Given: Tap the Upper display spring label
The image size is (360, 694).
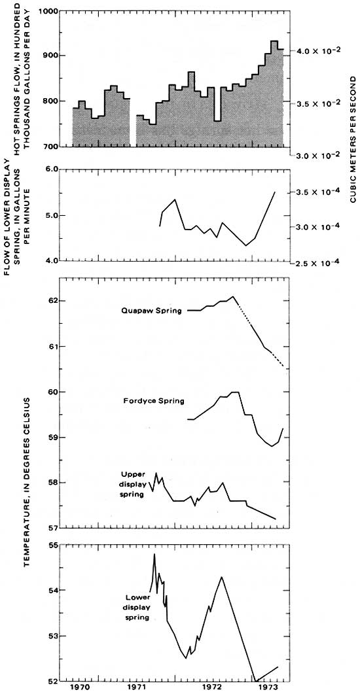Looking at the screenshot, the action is coord(133,484).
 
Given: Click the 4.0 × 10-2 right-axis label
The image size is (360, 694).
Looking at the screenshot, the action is coord(316,50).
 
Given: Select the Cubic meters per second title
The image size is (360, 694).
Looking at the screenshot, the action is coord(353,139).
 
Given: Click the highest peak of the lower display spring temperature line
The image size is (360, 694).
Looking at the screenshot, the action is coord(154,553).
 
